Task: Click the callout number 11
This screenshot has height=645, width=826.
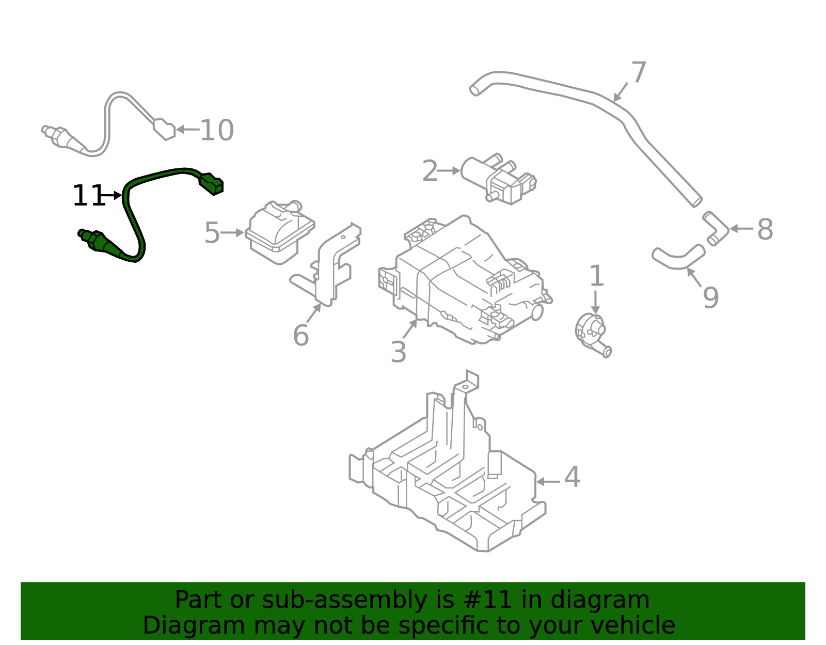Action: (x=88, y=196)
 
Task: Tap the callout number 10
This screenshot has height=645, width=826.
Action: (x=216, y=130)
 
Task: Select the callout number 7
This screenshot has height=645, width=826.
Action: (x=639, y=72)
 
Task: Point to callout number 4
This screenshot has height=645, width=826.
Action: (x=572, y=477)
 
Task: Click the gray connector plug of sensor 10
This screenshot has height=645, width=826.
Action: (x=165, y=129)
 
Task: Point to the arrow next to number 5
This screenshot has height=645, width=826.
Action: (x=233, y=233)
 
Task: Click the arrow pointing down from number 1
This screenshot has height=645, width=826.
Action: (x=596, y=302)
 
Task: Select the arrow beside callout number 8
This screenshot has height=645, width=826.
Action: (x=741, y=228)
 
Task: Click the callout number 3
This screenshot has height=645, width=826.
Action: (x=398, y=353)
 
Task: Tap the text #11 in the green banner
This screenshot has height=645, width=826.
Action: (x=488, y=600)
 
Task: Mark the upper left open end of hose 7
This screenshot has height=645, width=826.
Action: (x=474, y=90)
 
